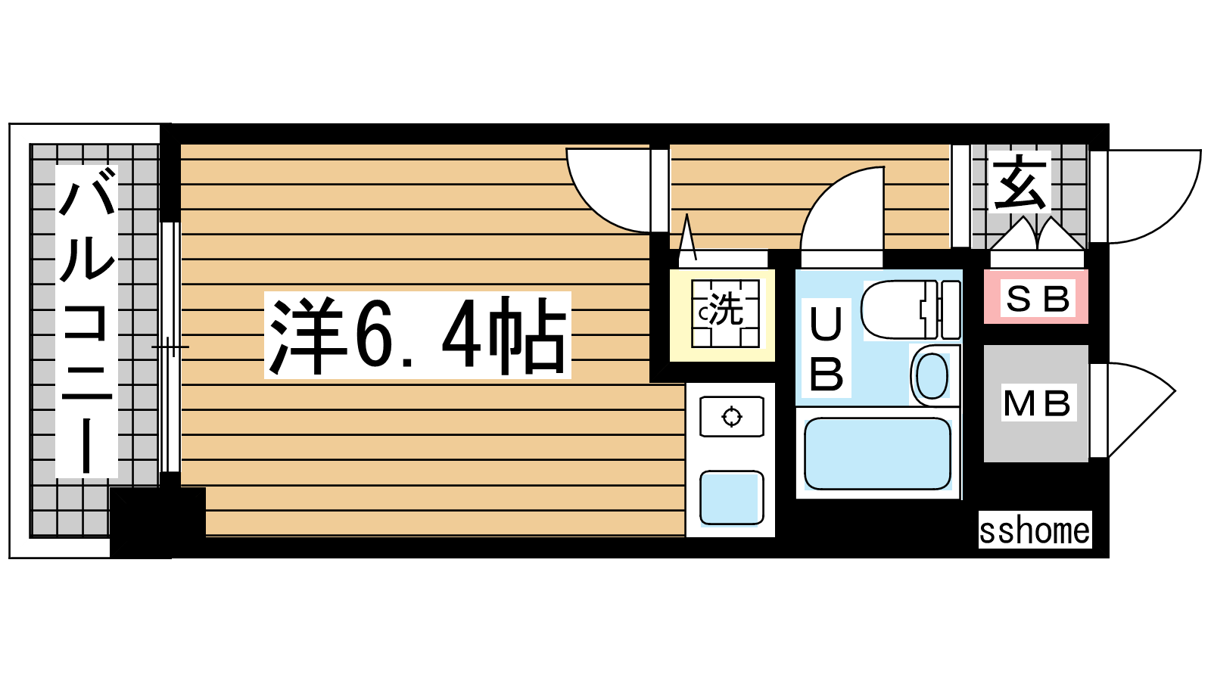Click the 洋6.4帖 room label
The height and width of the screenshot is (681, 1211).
pyautogui.click(x=417, y=335)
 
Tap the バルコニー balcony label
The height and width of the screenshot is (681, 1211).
pyautogui.click(x=86, y=321)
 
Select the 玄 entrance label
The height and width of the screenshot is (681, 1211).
pyautogui.click(x=1020, y=182)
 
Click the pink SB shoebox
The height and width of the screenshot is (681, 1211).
pyautogui.click(x=1036, y=297)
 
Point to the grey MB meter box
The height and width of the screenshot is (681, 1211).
pyautogui.click(x=1036, y=403)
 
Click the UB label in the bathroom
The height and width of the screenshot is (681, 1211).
pyautogui.click(x=826, y=347)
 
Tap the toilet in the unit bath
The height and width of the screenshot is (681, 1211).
pyautogui.click(x=911, y=309)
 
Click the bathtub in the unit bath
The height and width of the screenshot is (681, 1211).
pyautogui.click(x=877, y=453)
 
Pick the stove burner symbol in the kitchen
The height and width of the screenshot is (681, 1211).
pyautogui.click(x=731, y=417)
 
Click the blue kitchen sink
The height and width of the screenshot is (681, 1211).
pyautogui.click(x=731, y=498)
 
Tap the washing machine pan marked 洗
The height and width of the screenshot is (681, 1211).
pyautogui.click(x=725, y=313)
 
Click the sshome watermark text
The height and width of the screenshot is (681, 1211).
pyautogui.click(x=1035, y=530)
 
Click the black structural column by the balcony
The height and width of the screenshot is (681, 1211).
pyautogui.click(x=158, y=521)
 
